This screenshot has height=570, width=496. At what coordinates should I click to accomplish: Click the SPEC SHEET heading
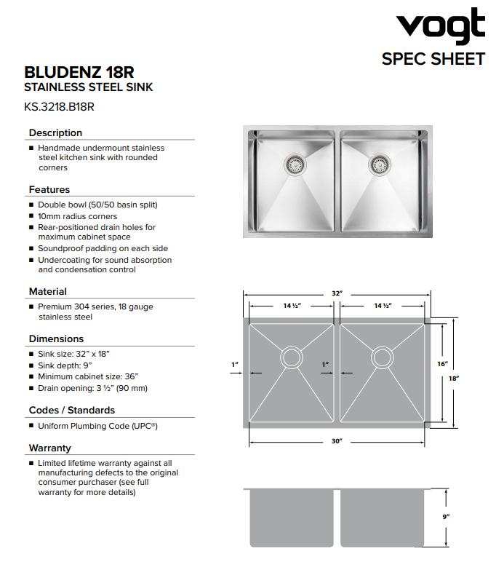pyautogui.click(x=433, y=59)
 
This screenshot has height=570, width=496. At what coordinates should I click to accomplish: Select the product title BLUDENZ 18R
pyautogui.click(x=79, y=73)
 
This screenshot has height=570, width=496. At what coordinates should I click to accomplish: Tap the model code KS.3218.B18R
pyautogui.click(x=60, y=106)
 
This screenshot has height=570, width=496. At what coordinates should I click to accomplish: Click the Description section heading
pyautogui.click(x=55, y=132)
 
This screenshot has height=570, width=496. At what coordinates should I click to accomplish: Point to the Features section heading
pyautogui.click(x=49, y=189)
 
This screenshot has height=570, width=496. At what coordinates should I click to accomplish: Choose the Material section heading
pyautogui.click(x=48, y=291)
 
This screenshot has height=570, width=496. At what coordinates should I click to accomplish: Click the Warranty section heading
pyautogui.click(x=50, y=448)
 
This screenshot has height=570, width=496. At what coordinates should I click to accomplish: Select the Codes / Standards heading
pyautogui.click(x=72, y=410)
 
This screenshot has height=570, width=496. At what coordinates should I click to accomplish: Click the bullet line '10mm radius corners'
pyautogui.click(x=77, y=216)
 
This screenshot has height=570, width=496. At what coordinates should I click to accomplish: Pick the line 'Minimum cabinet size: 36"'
pyautogui.click(x=88, y=376)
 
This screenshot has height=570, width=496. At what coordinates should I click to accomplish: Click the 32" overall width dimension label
pyautogui.click(x=337, y=293)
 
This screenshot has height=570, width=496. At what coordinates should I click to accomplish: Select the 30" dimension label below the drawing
pyautogui.click(x=337, y=442)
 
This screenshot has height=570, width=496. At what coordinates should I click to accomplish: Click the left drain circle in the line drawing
pyautogui.click(x=291, y=357)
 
